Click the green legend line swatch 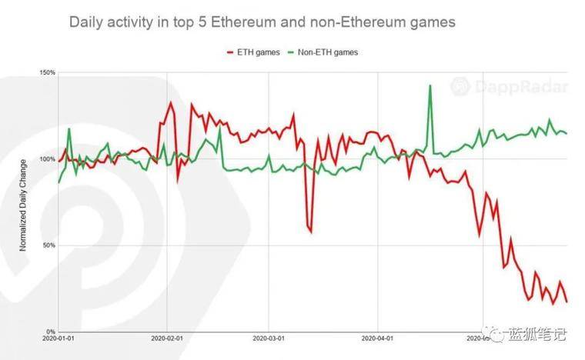290,52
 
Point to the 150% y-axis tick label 45,73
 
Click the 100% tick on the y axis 45,159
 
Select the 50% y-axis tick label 47,246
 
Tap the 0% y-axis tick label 48,332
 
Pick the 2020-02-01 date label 167,338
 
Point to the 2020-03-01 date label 269,338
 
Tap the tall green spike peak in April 430,85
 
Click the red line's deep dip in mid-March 311,231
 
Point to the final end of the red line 567,302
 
